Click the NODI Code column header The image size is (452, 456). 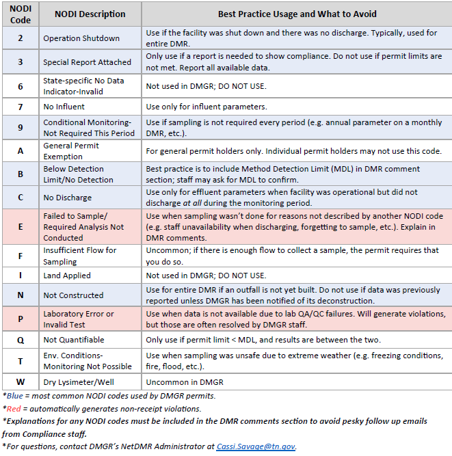tap(20, 14)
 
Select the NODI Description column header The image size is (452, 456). tap(90, 14)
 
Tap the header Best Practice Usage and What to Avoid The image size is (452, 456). tap(297, 14)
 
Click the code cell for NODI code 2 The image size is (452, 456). tap(20, 38)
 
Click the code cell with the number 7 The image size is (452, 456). tap(20, 107)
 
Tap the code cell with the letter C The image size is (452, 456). tap(20, 198)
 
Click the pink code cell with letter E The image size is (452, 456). tap(20, 226)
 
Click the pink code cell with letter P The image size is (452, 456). tap(20, 319)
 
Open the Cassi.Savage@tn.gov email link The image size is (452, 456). tap(256, 446)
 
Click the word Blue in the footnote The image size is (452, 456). tap(15, 396)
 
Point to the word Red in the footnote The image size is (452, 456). tap(14, 409)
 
